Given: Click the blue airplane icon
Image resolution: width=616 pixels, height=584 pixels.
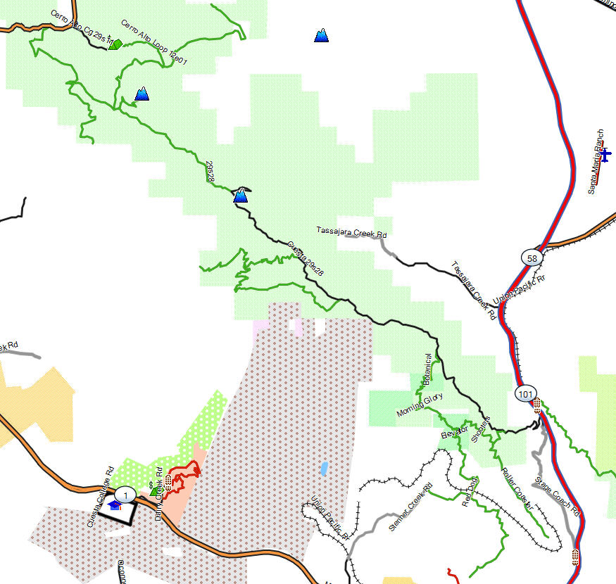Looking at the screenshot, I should pos(605,154).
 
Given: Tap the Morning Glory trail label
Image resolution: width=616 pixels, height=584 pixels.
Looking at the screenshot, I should pos(420,405).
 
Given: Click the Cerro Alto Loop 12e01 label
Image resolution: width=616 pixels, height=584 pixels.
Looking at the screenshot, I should pos(153,43).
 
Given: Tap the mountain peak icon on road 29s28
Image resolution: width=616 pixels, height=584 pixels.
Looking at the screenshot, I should pos(241,195).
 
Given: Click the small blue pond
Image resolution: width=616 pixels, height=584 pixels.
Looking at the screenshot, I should pos(323,468).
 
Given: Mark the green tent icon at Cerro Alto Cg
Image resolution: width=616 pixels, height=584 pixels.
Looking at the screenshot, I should pos(116,44).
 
